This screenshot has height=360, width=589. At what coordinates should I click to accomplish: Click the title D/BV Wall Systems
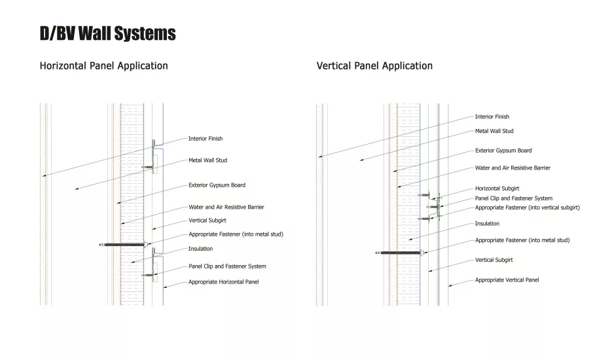pyautogui.click(x=108, y=33)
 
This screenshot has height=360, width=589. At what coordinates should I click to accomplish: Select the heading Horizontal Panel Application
pyautogui.click(x=103, y=65)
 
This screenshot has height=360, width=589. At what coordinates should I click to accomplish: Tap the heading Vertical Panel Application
pyautogui.click(x=374, y=65)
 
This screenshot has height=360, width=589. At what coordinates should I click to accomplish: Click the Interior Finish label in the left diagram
pyautogui.click(x=205, y=139)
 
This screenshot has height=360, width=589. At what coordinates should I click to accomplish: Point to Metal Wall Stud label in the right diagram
pyautogui.click(x=494, y=131)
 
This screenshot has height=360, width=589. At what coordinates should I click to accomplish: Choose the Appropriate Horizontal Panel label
pyautogui.click(x=224, y=282)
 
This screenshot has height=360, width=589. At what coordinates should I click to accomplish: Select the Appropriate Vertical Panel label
pyautogui.click(x=507, y=280)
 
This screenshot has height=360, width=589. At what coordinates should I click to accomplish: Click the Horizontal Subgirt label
pyautogui.click(x=497, y=189)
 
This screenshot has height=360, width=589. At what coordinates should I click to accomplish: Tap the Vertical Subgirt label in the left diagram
pyautogui.click(x=207, y=221)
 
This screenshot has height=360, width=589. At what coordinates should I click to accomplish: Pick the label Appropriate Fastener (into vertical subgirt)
pyautogui.click(x=527, y=207)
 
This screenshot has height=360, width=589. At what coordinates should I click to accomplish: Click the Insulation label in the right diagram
pyautogui.click(x=487, y=224)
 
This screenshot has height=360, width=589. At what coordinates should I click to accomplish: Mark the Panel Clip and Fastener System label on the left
pyautogui.click(x=227, y=266)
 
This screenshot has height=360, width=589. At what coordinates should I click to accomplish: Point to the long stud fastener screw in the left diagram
pyautogui.click(x=123, y=245)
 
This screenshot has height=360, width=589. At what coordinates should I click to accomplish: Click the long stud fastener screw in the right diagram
pyautogui.click(x=400, y=253)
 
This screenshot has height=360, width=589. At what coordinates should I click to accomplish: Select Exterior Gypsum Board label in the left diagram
pyautogui.click(x=217, y=185)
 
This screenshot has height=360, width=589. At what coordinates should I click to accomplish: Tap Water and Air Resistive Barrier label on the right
pyautogui.click(x=512, y=168)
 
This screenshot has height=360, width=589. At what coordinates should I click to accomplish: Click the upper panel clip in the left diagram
pyautogui.click(x=154, y=156)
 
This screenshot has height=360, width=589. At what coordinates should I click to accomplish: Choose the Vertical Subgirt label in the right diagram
pyautogui.click(x=493, y=260)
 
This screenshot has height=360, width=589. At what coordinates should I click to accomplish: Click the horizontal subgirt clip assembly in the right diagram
pyautogui.click(x=432, y=206)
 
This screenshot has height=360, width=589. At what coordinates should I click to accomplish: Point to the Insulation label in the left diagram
pyautogui.click(x=201, y=249)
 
